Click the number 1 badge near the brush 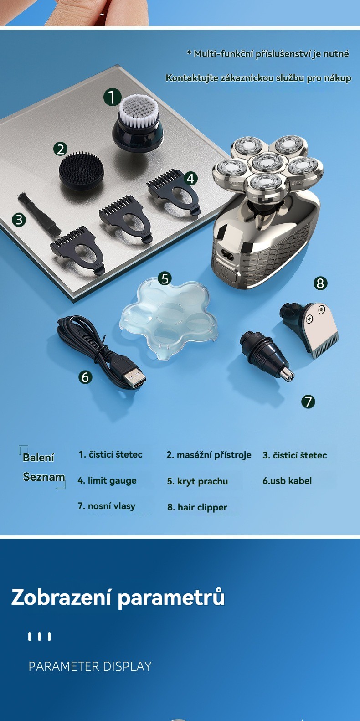[112, 98]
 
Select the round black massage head [82, 170]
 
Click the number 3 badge [19, 220]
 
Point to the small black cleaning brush [39, 213]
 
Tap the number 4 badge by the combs [190, 178]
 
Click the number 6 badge [85, 377]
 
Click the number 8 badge [320, 283]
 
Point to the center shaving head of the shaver [267, 162]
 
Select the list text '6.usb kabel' [287, 481]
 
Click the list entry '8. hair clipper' [197, 508]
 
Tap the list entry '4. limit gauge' [107, 481]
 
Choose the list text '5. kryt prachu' [197, 482]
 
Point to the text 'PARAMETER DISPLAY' [90, 666]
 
